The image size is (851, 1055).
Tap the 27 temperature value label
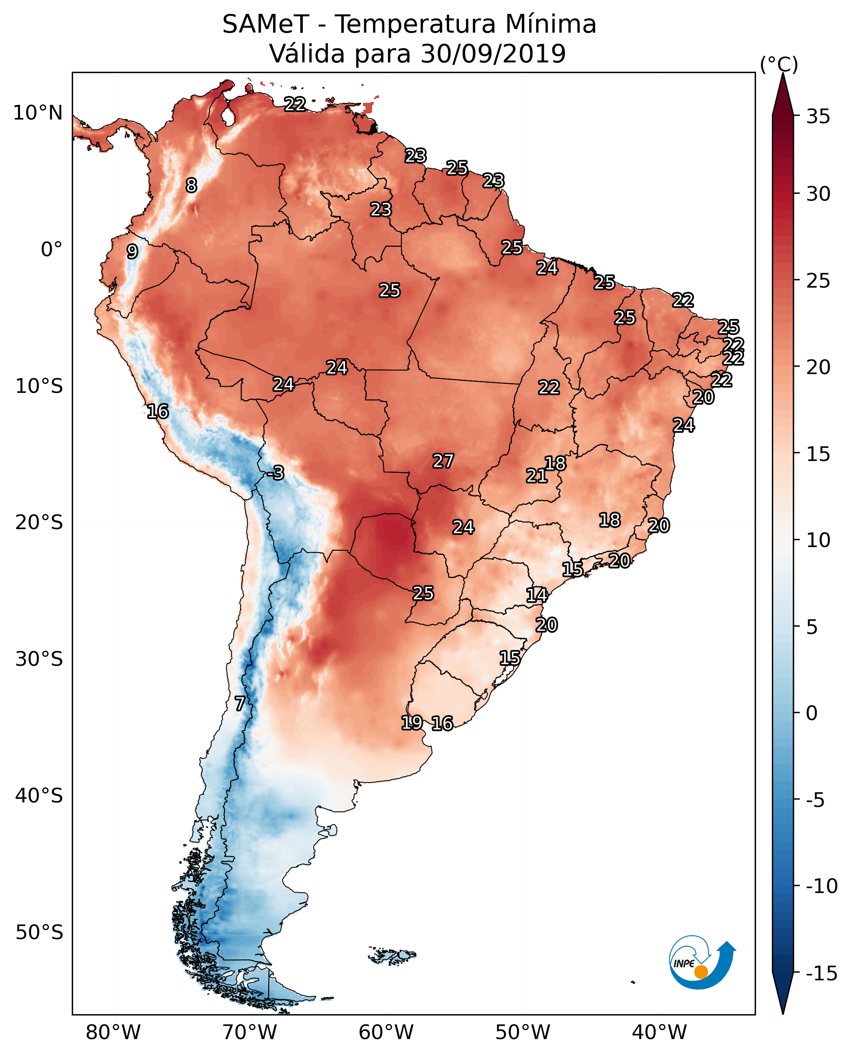click(443, 461)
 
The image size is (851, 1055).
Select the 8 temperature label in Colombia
click(191, 185)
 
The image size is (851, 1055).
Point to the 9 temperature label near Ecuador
click(132, 251)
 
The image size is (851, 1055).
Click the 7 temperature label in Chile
click(239, 704)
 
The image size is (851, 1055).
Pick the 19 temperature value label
click(412, 723)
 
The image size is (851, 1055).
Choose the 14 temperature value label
click(537, 595)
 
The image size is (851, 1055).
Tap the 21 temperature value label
click(536, 476)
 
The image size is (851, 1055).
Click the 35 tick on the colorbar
click(818, 117)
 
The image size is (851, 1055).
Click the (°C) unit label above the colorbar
click(779, 64)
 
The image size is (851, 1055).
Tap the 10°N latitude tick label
click(38, 113)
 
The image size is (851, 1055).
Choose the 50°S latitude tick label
click(39, 933)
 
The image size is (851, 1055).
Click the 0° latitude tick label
click(51, 250)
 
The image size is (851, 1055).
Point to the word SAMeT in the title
click(266, 24)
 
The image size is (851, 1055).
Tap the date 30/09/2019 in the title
click(493, 54)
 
